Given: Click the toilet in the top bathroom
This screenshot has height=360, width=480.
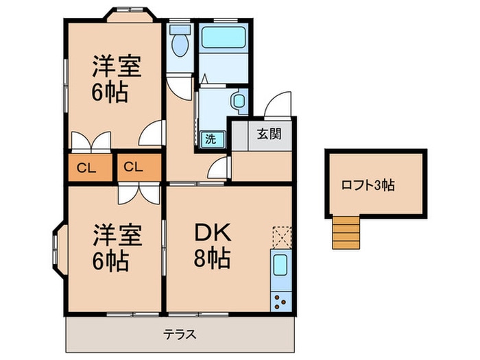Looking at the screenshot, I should [180, 43].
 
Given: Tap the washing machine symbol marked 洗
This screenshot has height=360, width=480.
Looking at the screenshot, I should [211, 138].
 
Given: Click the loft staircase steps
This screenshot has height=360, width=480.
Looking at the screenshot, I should [346, 230].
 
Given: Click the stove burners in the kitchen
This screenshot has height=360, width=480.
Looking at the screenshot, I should [281, 300].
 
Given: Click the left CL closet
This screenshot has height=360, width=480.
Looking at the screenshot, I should [86, 166].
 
